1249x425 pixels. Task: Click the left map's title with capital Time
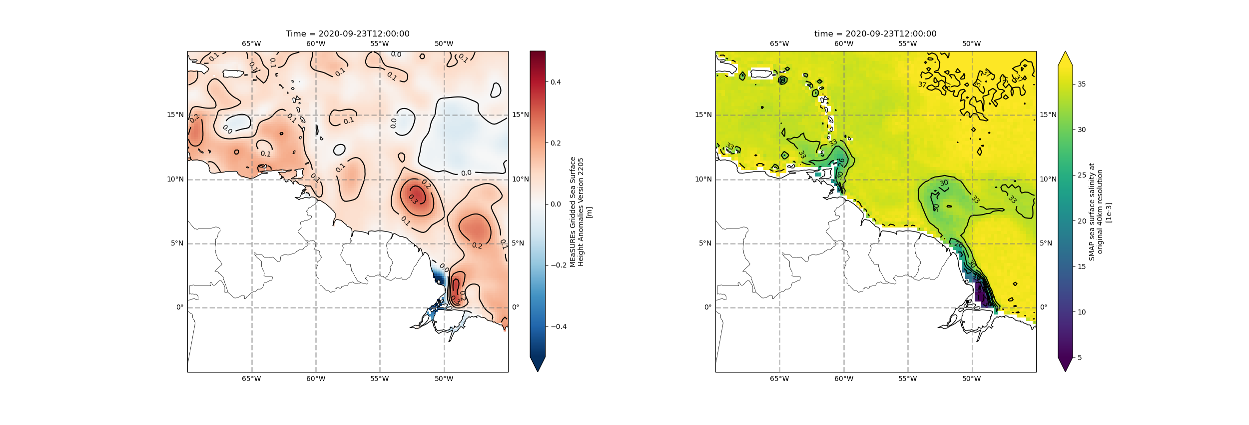347,34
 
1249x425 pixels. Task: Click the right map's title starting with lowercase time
875,34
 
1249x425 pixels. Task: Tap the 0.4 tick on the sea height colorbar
556,82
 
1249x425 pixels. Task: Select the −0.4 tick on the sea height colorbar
558,326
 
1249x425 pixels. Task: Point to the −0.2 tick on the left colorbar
558,265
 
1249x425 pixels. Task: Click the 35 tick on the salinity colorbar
1082,84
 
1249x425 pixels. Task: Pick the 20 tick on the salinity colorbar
1082,221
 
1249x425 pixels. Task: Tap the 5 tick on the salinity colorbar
1080,357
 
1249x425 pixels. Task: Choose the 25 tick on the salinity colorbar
1082,175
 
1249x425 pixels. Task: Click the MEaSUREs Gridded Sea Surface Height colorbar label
581,212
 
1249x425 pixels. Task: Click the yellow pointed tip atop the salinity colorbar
1065,58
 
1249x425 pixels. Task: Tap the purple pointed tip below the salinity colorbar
1065,364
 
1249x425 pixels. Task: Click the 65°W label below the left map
251,379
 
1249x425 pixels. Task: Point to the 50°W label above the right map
972,44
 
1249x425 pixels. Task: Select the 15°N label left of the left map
175,115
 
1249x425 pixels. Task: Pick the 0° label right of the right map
1044,307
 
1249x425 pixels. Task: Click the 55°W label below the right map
908,379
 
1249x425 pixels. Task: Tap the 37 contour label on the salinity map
922,85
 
